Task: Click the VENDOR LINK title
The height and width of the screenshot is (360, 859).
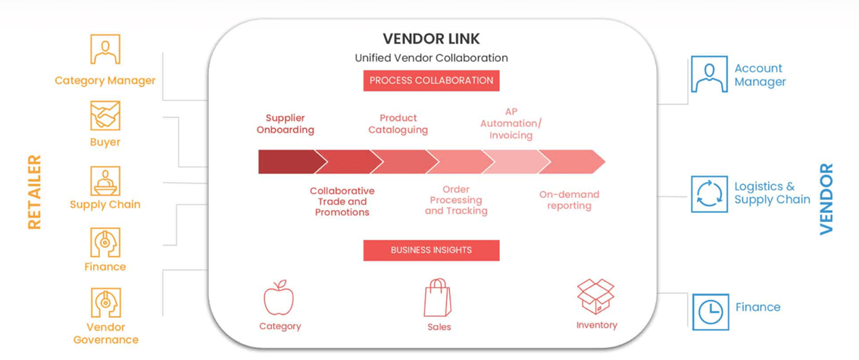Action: pyautogui.click(x=431, y=39)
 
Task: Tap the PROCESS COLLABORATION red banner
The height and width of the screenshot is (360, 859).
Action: pyautogui.click(x=431, y=80)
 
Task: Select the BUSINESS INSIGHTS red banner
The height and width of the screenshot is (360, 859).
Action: pyautogui.click(x=431, y=250)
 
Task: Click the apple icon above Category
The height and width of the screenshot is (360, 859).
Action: pyautogui.click(x=279, y=297)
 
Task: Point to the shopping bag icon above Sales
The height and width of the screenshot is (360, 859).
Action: pyautogui.click(x=437, y=297)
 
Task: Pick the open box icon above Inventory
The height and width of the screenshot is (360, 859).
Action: pyautogui.click(x=595, y=296)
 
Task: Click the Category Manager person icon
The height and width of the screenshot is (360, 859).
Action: pyautogui.click(x=105, y=50)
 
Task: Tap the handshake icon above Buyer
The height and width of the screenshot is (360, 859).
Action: pyautogui.click(x=105, y=115)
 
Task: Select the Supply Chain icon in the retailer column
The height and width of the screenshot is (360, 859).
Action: pyautogui.click(x=105, y=181)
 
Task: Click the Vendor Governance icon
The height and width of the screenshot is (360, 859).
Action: pyautogui.click(x=105, y=303)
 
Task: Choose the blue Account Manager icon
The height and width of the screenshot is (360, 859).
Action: pyautogui.click(x=709, y=74)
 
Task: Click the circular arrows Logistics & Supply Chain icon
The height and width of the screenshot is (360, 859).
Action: pyautogui.click(x=709, y=193)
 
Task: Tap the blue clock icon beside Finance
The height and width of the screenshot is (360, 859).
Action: pyautogui.click(x=711, y=311)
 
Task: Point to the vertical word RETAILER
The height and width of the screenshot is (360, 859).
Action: pyautogui.click(x=35, y=192)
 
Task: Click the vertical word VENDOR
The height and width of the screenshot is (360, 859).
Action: pyautogui.click(x=826, y=199)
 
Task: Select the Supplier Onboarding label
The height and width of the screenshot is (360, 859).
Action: pyautogui.click(x=286, y=124)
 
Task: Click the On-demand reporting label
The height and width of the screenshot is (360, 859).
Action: pyautogui.click(x=569, y=200)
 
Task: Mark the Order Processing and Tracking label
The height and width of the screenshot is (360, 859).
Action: pyautogui.click(x=456, y=200)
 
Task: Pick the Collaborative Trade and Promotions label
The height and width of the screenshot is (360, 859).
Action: pyautogui.click(x=342, y=202)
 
